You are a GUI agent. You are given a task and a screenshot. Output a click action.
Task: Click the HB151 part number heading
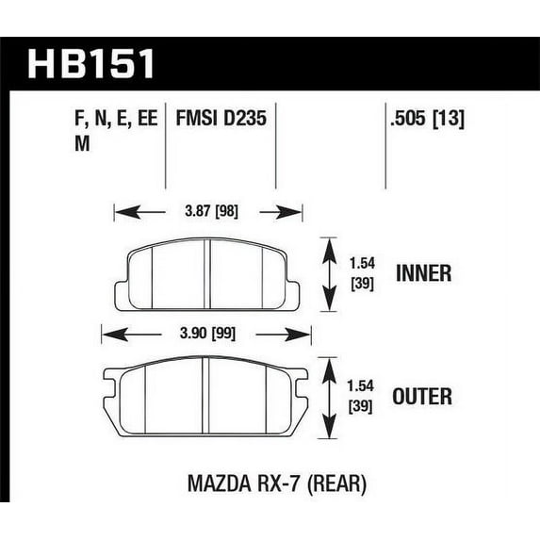tap(90, 64)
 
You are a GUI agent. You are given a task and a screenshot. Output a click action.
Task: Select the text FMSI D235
tap(221, 118)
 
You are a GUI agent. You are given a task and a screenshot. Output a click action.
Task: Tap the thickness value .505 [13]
tap(427, 119)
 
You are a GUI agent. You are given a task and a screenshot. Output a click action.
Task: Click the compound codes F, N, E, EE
tap(116, 119)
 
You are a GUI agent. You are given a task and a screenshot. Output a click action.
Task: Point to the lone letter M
tap(82, 143)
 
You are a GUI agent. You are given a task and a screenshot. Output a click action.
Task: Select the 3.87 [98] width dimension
tap(211, 211)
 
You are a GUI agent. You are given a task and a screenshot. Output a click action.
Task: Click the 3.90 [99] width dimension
tap(207, 334)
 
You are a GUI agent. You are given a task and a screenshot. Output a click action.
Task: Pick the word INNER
tap(423, 273)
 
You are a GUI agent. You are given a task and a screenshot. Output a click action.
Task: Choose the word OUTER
tap(422, 396)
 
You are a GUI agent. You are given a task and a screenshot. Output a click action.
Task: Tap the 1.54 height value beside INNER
tap(362, 264)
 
